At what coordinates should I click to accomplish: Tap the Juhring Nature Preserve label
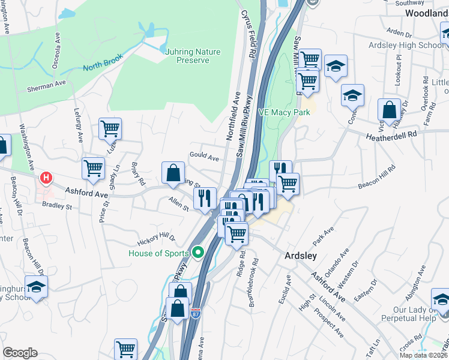(x=193, y=56)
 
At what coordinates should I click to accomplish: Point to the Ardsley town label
(x=300, y=256)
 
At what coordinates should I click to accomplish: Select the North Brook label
(x=103, y=62)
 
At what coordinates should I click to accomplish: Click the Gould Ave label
(x=204, y=157)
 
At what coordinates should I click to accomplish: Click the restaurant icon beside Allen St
(x=205, y=197)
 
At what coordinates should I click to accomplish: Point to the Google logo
(x=20, y=353)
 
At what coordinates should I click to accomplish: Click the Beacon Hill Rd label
(x=378, y=178)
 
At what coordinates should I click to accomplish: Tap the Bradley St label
(x=57, y=206)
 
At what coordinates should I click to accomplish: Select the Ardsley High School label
(x=415, y=45)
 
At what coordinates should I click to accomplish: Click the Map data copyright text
(x=423, y=355)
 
